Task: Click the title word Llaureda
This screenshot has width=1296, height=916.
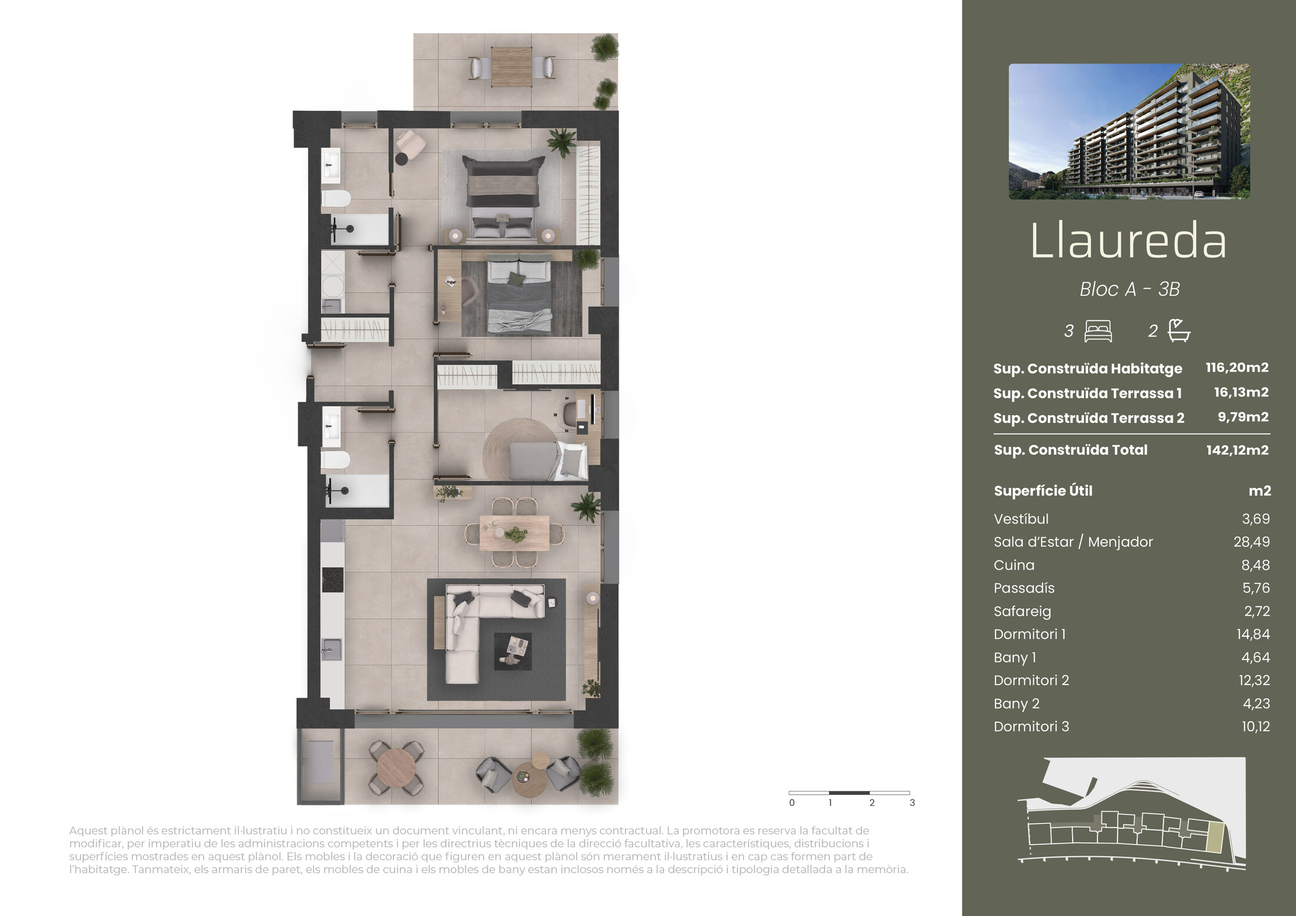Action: [x=1128, y=241]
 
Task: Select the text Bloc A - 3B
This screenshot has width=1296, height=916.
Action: [x=1129, y=289]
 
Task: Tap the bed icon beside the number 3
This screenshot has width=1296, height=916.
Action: [x=1098, y=331]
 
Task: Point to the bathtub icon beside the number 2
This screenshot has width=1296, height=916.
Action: [x=1179, y=330]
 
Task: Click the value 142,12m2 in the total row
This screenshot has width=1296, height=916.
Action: [x=1237, y=450]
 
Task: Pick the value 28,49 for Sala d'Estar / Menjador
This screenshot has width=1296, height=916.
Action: [x=1252, y=542]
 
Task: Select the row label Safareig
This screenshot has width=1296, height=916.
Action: [x=1022, y=611]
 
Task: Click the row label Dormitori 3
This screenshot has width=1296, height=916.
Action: [x=1031, y=727]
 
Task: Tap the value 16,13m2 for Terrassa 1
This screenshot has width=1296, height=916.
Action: [x=1241, y=392]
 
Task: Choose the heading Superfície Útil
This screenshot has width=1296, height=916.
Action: [x=1043, y=491]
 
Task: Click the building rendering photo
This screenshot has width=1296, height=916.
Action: [x=1129, y=131]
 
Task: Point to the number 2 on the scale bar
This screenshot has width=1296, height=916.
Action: [x=872, y=803]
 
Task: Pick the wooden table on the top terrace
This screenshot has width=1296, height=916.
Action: [x=511, y=67]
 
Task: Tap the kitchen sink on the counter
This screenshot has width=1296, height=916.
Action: [x=332, y=650]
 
